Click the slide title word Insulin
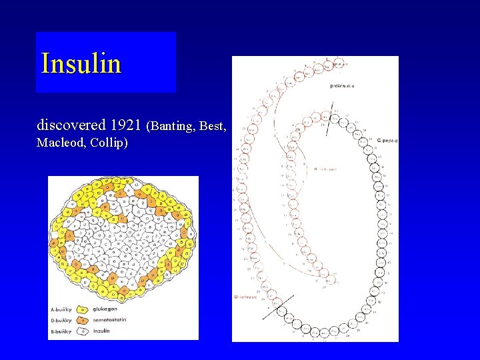81,64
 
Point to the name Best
213,125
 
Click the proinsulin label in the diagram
343,85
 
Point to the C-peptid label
387,141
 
